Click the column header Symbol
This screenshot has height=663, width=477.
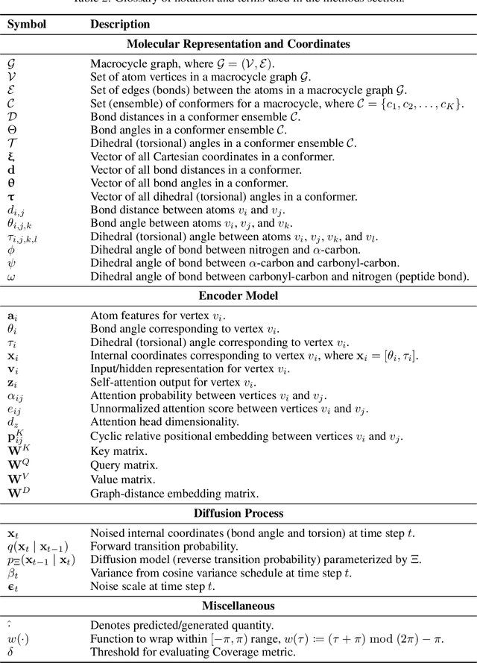click(x=26, y=24)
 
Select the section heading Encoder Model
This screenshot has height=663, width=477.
click(x=238, y=295)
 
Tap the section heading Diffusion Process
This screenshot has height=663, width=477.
click(x=238, y=512)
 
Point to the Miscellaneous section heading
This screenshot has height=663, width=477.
click(x=238, y=606)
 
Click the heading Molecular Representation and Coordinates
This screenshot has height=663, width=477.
click(x=238, y=44)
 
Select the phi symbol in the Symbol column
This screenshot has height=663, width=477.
click(x=10, y=250)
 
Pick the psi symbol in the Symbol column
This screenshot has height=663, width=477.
click(x=10, y=263)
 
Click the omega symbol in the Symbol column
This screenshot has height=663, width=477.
click(x=10, y=277)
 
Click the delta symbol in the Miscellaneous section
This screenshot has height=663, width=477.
click(x=10, y=653)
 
